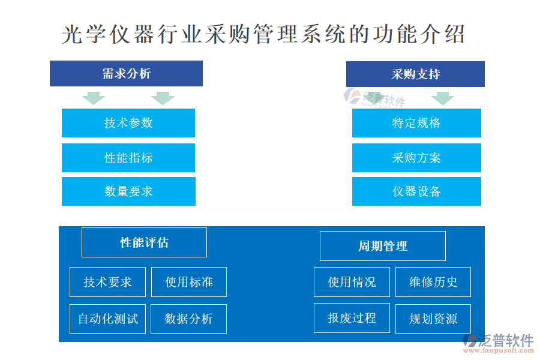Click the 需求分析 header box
click(126, 73)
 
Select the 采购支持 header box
click(415, 74)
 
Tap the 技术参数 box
click(128, 123)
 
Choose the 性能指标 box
click(128, 158)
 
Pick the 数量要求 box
click(129, 191)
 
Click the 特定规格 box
click(417, 123)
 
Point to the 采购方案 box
click(417, 158)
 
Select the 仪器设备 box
click(417, 191)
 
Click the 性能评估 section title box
click(144, 242)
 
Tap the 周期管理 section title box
click(383, 246)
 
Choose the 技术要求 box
click(107, 282)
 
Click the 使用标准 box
click(189, 282)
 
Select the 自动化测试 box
click(107, 319)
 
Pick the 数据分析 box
click(189, 319)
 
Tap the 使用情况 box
click(352, 282)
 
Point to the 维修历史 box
click(433, 282)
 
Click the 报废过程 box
click(352, 318)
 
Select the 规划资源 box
click(433, 319)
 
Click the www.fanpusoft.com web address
click(499, 350)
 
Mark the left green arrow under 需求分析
click(94, 98)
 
